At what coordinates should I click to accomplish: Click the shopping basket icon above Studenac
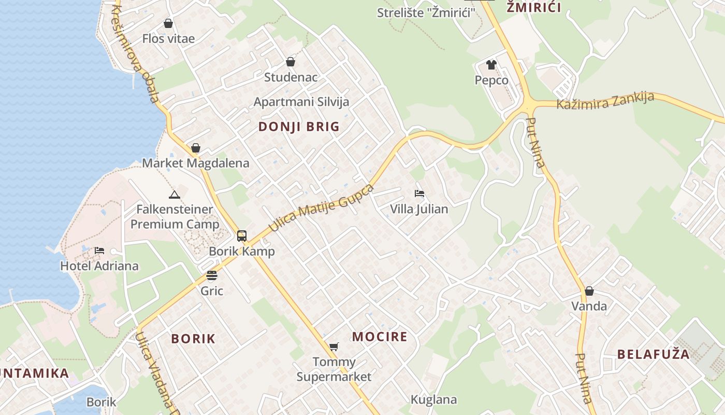(x=291, y=62)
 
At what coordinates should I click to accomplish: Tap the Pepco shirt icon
(x=491, y=65)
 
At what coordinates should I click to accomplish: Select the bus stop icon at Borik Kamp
(x=242, y=236)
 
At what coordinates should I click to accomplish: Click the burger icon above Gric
(x=211, y=275)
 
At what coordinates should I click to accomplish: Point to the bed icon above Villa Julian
(x=419, y=194)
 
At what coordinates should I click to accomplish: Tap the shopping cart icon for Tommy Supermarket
(x=334, y=346)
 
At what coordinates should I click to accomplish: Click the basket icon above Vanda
(x=589, y=291)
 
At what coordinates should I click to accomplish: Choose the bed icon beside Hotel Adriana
(x=99, y=251)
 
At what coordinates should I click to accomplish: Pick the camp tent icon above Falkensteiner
(x=175, y=195)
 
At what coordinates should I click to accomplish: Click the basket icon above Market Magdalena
(x=196, y=148)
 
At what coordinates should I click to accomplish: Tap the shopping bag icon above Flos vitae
(x=168, y=23)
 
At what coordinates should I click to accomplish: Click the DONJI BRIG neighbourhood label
(x=299, y=127)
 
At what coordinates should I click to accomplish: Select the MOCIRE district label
(x=380, y=337)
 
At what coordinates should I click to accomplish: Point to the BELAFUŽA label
(x=653, y=354)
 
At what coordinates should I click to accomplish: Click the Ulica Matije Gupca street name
(x=321, y=208)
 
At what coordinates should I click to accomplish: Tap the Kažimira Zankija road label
(x=605, y=101)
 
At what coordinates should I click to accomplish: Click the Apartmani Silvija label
(x=301, y=102)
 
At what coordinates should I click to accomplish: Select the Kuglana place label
(x=433, y=399)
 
